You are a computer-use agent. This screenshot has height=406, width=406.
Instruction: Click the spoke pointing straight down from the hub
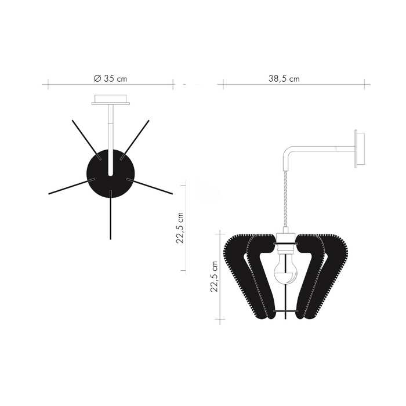point(110,217)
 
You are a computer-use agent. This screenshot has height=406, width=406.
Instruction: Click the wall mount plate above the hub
point(110,100)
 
